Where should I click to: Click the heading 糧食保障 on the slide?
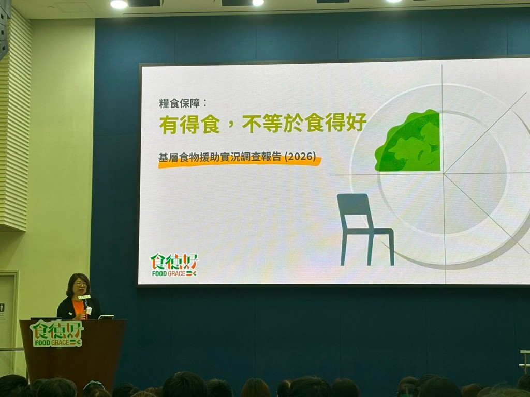[x=179, y=103]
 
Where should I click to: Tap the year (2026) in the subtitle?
[x=301, y=157]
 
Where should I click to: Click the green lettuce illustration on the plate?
[x=408, y=141]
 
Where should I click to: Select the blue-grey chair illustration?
[x=365, y=229]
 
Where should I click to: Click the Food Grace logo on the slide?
[x=174, y=265]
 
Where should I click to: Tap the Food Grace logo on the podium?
[x=56, y=333]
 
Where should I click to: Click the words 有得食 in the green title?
[x=189, y=124]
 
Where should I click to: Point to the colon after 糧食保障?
[x=204, y=103]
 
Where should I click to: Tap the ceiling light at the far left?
[x=119, y=4]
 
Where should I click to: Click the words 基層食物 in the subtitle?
[x=179, y=158]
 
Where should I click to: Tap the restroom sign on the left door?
[x=2, y=308]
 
